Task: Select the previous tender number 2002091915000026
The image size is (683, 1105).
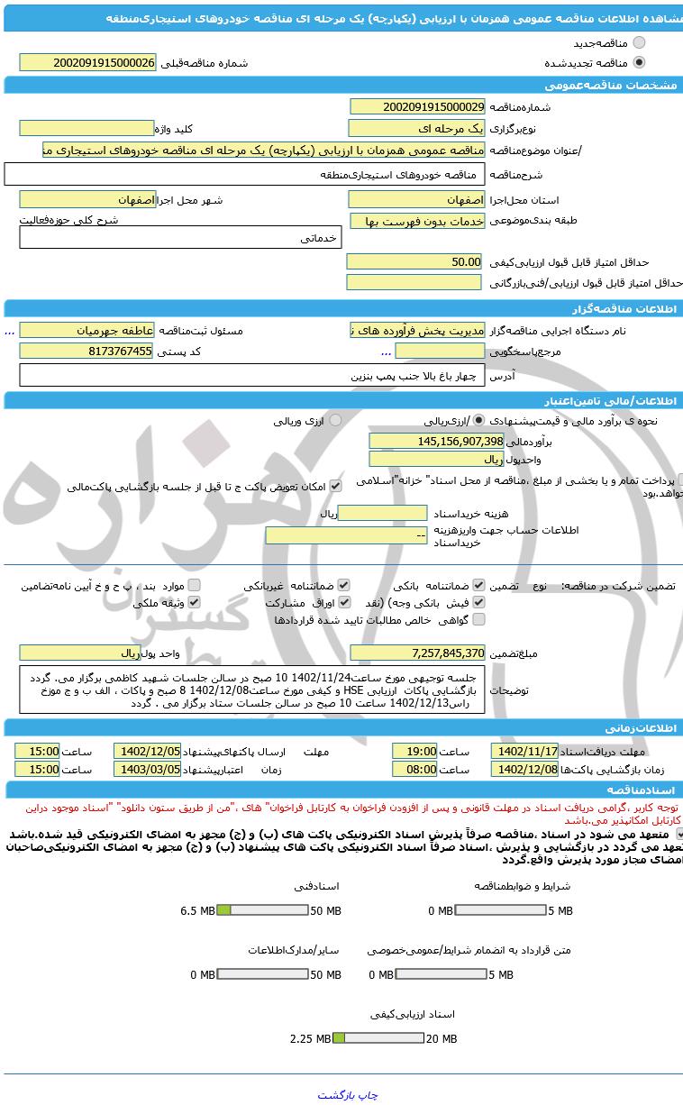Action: (87, 62)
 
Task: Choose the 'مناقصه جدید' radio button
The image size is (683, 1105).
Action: (639, 42)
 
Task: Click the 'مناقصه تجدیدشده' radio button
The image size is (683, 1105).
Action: (639, 62)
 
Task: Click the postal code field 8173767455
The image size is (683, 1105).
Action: (87, 352)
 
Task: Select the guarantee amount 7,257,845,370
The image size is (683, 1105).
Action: (417, 653)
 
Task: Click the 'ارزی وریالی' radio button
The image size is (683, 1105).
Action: (335, 420)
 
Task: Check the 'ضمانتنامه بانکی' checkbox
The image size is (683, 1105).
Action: (478, 585)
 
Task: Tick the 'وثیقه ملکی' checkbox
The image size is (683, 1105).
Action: (194, 602)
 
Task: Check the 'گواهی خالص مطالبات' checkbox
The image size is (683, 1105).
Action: (478, 619)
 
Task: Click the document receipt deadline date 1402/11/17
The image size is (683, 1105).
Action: (524, 751)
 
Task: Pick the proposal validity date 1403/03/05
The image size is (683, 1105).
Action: (147, 769)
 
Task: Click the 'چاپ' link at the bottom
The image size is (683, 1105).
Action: (369, 1095)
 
